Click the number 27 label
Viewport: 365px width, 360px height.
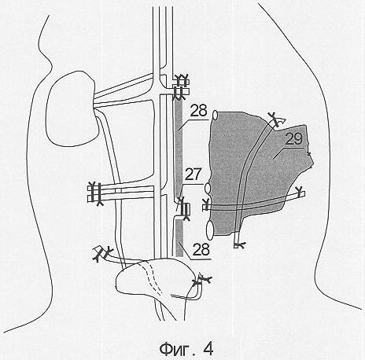click(193, 174)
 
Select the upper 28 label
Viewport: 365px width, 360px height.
click(198, 111)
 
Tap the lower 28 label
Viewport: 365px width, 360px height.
click(201, 249)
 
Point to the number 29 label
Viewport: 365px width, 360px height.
click(293, 139)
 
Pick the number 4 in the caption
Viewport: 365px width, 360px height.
click(208, 349)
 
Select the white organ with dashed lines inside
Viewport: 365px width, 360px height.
click(156, 281)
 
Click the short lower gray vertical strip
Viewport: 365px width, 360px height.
click(179, 238)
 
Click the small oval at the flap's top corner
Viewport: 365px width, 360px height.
click(215, 115)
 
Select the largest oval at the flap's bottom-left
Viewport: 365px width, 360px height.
click(210, 230)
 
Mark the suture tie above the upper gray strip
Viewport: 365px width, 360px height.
click(181, 86)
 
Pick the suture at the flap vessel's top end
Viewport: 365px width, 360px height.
click(275, 119)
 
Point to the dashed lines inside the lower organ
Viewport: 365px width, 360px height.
click(153, 277)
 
